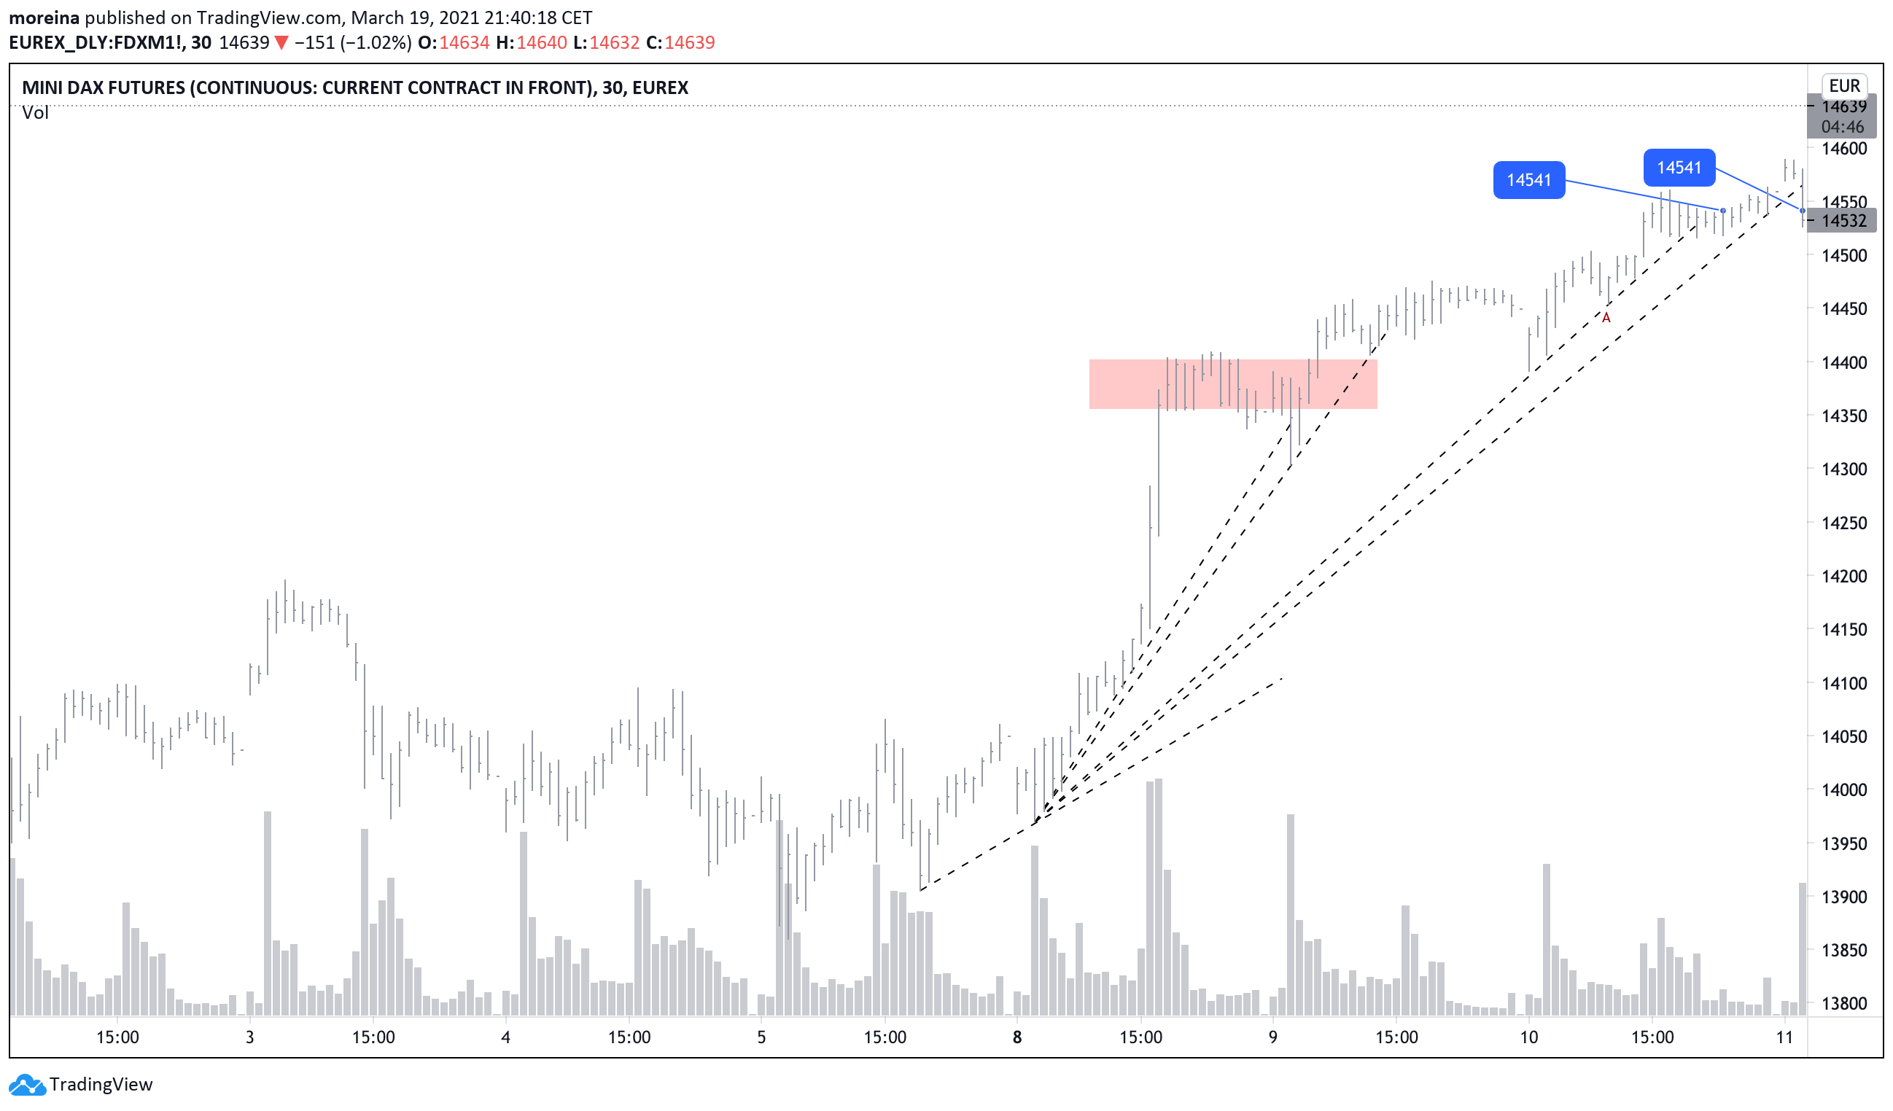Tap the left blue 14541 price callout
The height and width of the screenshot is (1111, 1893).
(x=1528, y=180)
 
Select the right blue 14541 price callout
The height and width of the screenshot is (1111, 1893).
(x=1679, y=168)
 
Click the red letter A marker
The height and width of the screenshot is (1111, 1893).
(x=1606, y=319)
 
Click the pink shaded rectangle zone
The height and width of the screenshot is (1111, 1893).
(x=1232, y=384)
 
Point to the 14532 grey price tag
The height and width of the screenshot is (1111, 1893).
(x=1843, y=221)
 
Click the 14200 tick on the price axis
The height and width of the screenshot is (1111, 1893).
(x=1843, y=576)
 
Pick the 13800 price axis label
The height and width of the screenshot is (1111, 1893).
(x=1843, y=1004)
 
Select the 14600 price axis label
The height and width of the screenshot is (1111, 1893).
(x=1843, y=149)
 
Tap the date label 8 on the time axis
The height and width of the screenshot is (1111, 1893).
(x=1017, y=1037)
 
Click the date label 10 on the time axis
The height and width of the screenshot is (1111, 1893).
(x=1528, y=1037)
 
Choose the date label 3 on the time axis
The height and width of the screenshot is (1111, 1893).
(x=250, y=1037)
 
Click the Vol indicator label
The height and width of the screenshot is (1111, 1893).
(x=35, y=113)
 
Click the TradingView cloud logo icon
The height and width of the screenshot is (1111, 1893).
(x=27, y=1085)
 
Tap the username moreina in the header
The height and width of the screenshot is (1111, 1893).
(x=44, y=17)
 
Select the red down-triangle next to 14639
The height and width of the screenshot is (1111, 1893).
(x=281, y=43)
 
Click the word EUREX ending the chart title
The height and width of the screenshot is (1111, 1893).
(x=661, y=88)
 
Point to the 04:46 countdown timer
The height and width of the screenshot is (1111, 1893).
(x=1842, y=127)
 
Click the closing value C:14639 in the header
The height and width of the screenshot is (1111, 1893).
(x=680, y=43)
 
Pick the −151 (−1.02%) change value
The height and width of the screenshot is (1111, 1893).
(x=352, y=43)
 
